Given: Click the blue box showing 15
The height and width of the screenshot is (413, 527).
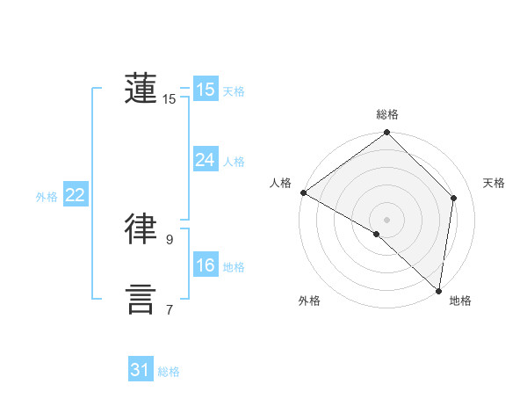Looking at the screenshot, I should [x=205, y=89].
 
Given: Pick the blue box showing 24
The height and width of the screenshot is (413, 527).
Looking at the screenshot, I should [x=205, y=160].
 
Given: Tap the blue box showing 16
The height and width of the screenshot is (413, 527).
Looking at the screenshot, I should [x=205, y=265].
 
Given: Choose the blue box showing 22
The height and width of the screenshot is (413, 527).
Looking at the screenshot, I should [x=75, y=195].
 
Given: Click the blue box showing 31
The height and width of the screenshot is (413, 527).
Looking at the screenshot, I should [x=140, y=370].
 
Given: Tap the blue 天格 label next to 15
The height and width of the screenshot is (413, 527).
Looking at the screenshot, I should [x=234, y=91].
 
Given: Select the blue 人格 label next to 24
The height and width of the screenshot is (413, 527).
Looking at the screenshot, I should [x=234, y=162].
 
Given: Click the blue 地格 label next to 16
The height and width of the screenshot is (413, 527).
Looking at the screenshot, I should [x=234, y=267].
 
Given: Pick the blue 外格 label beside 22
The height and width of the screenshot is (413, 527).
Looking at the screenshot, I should [x=47, y=197].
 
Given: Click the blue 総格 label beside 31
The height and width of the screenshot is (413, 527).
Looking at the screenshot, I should [x=169, y=372].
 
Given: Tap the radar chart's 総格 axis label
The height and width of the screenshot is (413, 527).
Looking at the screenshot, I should [x=387, y=114].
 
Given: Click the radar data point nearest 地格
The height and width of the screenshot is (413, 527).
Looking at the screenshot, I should [x=437, y=291].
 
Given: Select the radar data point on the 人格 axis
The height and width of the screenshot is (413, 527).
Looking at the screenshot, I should [x=303, y=192].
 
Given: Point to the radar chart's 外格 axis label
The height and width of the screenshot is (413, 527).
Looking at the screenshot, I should [x=309, y=301].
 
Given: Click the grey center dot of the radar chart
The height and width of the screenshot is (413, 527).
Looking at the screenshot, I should [x=387, y=219].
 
